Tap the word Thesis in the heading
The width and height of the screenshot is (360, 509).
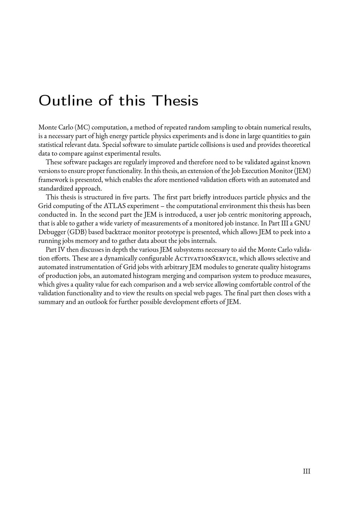pos(175,100)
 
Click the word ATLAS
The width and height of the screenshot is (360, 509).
pos(116,206)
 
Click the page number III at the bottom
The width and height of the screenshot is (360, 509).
pos(306,472)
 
